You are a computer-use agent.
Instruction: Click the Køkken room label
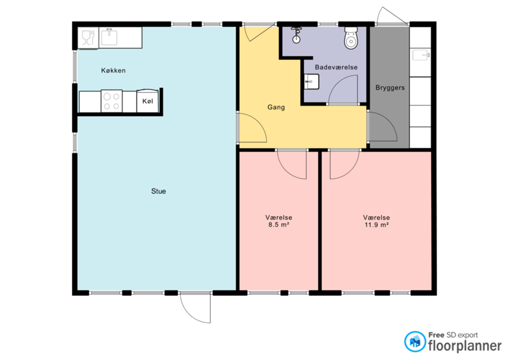click(x=113, y=71)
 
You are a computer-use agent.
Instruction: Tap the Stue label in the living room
click(x=158, y=191)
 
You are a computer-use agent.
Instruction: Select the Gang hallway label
click(x=276, y=107)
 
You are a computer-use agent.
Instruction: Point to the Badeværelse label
click(x=337, y=67)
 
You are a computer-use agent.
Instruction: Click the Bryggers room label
click(x=390, y=88)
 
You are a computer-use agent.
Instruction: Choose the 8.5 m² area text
click(x=278, y=225)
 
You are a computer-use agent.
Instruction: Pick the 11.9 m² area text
click(x=377, y=225)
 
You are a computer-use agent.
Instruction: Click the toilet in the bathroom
click(x=351, y=38)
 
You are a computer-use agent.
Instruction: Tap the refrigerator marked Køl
click(x=148, y=101)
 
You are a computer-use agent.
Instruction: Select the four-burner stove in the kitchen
click(x=111, y=101)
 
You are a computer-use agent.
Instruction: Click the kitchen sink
click(x=109, y=37)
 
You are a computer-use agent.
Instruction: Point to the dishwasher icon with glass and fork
click(x=88, y=38)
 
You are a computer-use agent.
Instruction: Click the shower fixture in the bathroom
click(x=296, y=35)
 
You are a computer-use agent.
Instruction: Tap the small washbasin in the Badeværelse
click(x=312, y=82)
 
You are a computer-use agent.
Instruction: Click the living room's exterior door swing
click(x=196, y=308)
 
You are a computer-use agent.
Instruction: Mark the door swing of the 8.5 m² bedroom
click(x=291, y=164)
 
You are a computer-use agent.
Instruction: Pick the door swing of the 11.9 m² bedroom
click(x=345, y=164)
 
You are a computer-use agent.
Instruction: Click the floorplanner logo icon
click(x=415, y=341)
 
